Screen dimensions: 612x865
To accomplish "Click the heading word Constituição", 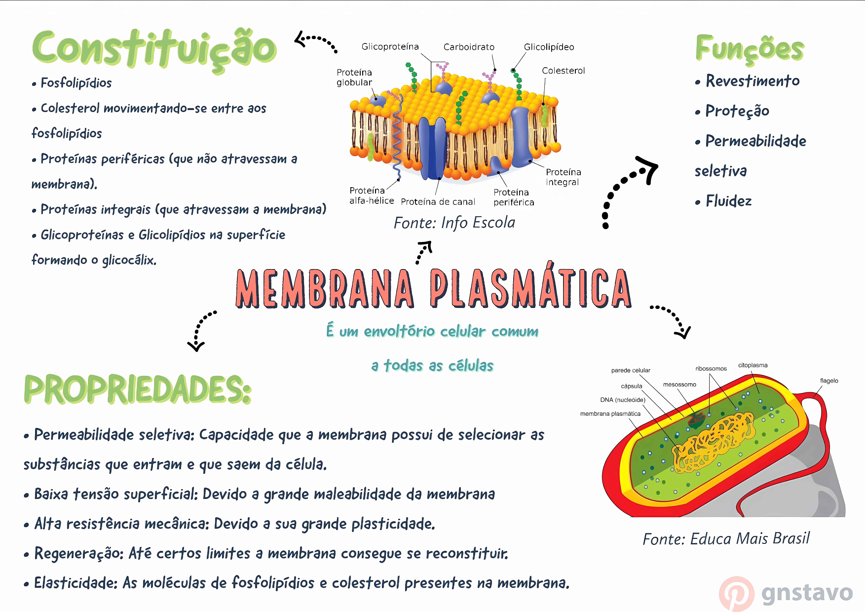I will click(x=155, y=49).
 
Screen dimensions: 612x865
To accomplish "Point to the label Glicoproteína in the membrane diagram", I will click(x=390, y=47).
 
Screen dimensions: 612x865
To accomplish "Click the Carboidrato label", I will click(x=469, y=47).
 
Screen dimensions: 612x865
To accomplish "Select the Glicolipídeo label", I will click(x=549, y=47).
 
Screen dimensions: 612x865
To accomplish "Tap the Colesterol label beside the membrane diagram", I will click(x=563, y=71).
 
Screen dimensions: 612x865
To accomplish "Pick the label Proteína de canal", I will click(x=438, y=202).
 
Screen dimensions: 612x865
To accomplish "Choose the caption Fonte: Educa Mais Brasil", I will click(x=726, y=539).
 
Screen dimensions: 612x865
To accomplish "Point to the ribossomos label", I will click(x=711, y=369).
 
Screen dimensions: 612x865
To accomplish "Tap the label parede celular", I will click(x=631, y=370).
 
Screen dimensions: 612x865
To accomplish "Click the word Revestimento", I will click(x=752, y=81).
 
